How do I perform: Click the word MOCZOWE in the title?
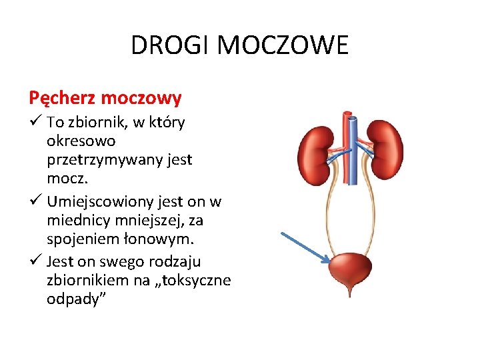click(x=283, y=46)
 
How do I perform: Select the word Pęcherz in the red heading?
click(x=61, y=99)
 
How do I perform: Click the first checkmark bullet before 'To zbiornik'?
click(x=36, y=123)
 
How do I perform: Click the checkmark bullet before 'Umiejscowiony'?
click(x=36, y=201)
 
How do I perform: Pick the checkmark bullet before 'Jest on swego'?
click(x=36, y=261)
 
